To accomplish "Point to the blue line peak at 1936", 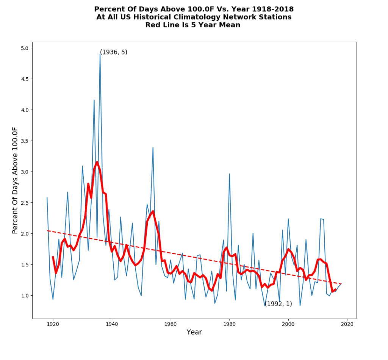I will [x=100, y=54].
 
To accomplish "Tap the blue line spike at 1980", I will [x=229, y=174].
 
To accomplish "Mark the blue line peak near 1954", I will [x=153, y=147].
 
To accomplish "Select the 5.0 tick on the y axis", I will [x=25, y=48].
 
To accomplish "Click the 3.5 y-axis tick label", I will [x=25, y=141].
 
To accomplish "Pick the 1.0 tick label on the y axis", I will [x=25, y=296].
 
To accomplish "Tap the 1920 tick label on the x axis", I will [x=53, y=324].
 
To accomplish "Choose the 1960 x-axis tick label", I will [x=171, y=324].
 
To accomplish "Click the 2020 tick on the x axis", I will [x=347, y=324].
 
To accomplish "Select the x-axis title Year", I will [x=194, y=332].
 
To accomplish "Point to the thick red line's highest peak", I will [x=97, y=162].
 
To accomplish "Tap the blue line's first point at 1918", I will [x=47, y=197].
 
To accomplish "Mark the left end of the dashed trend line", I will [x=47, y=230].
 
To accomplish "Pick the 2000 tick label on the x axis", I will [x=288, y=324].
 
